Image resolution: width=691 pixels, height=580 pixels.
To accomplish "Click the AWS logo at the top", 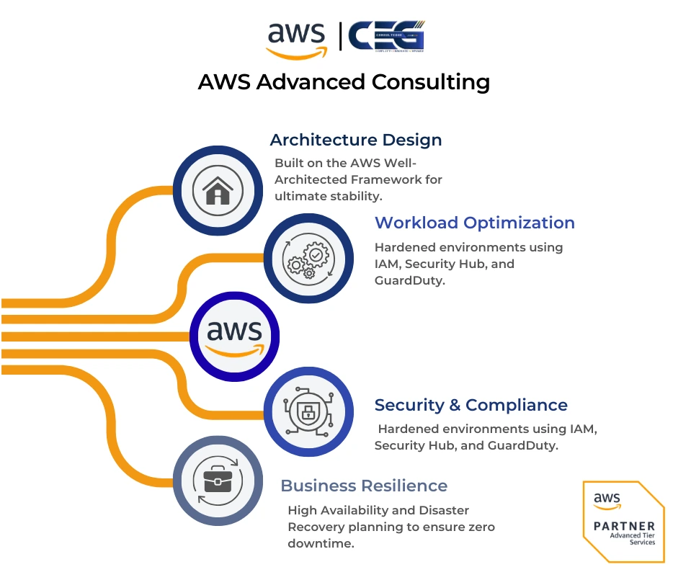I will coord(296,40).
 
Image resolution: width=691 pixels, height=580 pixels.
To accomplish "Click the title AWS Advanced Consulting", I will coord(344,82).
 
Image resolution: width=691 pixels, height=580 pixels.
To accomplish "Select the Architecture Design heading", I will coord(355,140).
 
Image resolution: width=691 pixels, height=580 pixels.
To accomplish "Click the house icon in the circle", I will coord(218,192).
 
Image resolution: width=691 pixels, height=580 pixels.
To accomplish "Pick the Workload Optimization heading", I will coord(475,223).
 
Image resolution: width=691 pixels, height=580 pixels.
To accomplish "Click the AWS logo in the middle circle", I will coord(234,336).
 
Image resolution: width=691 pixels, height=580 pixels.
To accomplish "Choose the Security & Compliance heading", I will coord(471,405).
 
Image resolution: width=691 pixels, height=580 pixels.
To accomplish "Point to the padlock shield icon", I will coord(308,411).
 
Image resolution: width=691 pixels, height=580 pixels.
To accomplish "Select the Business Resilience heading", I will coord(364,486).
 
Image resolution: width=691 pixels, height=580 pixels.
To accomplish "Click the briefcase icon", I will coord(218,481).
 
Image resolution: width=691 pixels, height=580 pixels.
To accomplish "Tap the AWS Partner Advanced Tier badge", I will coord(623,521).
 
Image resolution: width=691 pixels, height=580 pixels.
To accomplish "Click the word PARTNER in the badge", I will coord(624,527).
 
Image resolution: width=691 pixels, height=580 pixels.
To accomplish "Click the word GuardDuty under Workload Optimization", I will coord(409,281).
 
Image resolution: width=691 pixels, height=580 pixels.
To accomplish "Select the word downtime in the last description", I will coord(321,544).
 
